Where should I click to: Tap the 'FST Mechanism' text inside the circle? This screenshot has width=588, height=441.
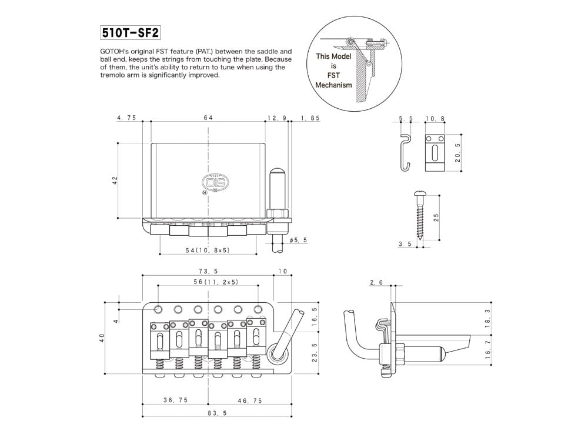333,80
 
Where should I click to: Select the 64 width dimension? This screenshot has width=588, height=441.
208,118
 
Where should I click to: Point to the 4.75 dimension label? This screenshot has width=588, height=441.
126,118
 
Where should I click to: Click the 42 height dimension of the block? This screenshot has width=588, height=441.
115,179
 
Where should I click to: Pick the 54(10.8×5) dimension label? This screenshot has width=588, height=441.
208,250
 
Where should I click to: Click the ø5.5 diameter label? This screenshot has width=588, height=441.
298,240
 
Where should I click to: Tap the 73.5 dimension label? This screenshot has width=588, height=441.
208,271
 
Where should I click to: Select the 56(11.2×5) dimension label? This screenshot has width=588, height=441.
208,282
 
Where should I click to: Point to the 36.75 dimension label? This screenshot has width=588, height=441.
175,400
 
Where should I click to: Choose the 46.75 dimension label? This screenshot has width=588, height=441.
250,400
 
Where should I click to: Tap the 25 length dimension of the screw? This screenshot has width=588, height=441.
436,218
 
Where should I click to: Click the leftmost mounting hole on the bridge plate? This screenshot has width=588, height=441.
159,309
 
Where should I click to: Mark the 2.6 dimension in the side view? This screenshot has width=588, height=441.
376,283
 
